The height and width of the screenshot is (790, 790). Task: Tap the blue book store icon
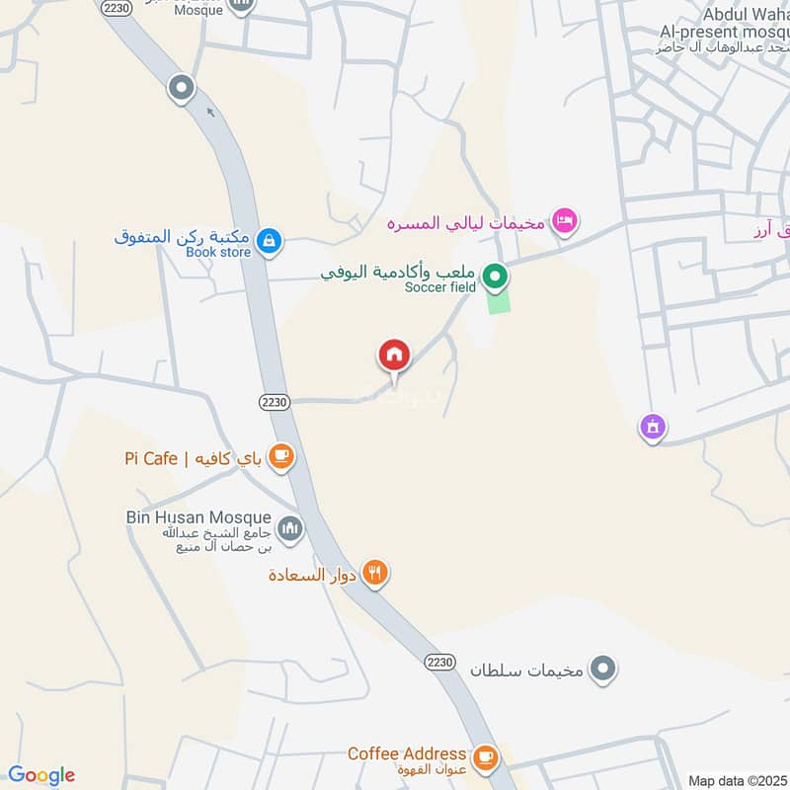(269, 240)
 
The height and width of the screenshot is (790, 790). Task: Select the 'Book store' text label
(217, 252)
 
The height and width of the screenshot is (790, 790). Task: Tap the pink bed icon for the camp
(565, 220)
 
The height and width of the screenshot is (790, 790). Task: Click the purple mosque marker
(652, 428)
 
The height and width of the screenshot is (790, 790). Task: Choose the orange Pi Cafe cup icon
(281, 455)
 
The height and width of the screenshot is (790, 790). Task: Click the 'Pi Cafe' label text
(151, 458)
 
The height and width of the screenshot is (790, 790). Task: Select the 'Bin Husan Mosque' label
(197, 516)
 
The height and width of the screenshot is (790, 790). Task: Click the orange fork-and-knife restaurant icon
(374, 572)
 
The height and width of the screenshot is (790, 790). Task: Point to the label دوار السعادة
(313, 574)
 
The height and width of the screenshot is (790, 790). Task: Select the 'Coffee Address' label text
(406, 753)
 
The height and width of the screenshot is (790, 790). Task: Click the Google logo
(41, 775)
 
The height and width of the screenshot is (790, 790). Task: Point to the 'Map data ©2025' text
(735, 780)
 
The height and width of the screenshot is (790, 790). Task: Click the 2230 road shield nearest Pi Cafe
(276, 402)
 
